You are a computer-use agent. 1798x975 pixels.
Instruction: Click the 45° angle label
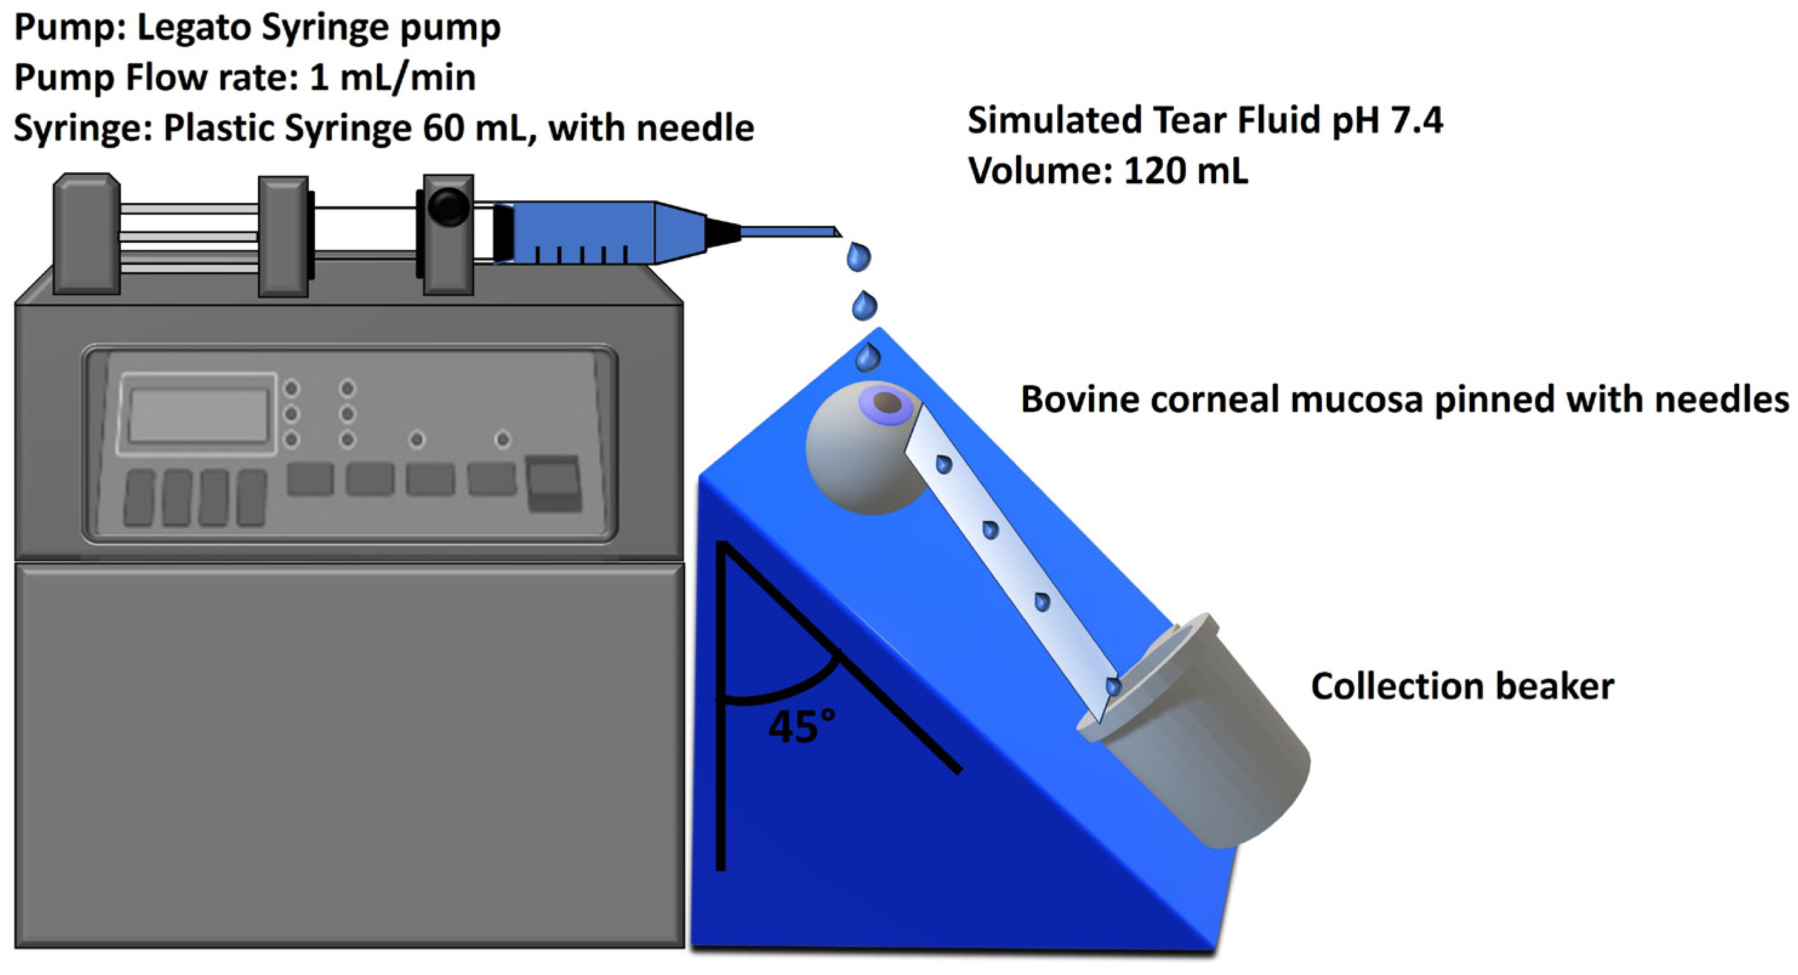tap(801, 726)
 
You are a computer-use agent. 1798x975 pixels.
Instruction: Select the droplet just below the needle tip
tap(858, 256)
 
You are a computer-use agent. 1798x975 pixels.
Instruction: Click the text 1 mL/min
tap(392, 77)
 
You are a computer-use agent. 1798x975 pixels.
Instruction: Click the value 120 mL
tap(1185, 171)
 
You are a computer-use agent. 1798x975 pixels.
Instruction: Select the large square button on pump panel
tap(553, 483)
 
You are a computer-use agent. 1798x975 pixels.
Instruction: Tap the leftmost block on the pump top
tap(87, 234)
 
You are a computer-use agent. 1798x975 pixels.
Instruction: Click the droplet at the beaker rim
tap(1114, 686)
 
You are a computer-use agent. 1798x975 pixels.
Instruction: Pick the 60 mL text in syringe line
tap(474, 128)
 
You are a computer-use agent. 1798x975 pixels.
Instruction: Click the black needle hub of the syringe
tap(722, 232)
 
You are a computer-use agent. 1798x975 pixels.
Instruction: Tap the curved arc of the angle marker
tap(789, 688)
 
